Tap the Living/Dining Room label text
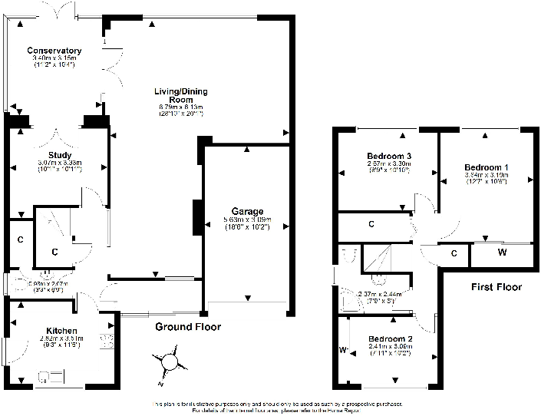point(182,96)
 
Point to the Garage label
point(247,211)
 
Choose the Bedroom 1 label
point(486,167)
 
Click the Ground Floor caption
point(188,327)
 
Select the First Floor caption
point(495,287)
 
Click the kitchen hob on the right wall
point(107,341)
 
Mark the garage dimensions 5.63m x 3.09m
point(247,220)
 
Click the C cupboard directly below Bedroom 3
point(371,225)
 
